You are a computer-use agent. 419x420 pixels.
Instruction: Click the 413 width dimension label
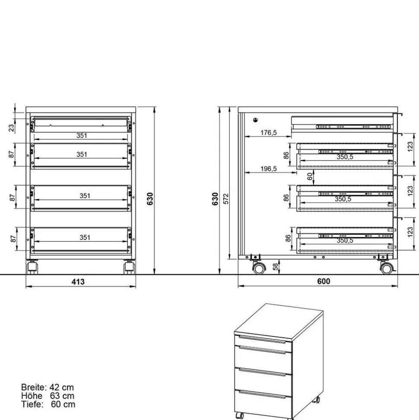78,282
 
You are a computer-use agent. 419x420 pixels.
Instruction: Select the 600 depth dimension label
323,281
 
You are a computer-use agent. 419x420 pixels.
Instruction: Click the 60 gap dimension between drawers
310,176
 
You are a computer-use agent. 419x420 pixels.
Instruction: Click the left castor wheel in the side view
259,269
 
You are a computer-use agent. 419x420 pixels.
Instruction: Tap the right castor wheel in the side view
386,269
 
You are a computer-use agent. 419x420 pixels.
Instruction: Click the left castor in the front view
32,268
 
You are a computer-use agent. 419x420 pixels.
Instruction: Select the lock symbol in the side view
256,120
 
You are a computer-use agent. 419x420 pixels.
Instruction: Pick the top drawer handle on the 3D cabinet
263,340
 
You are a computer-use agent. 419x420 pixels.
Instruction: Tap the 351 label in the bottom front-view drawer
85,237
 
